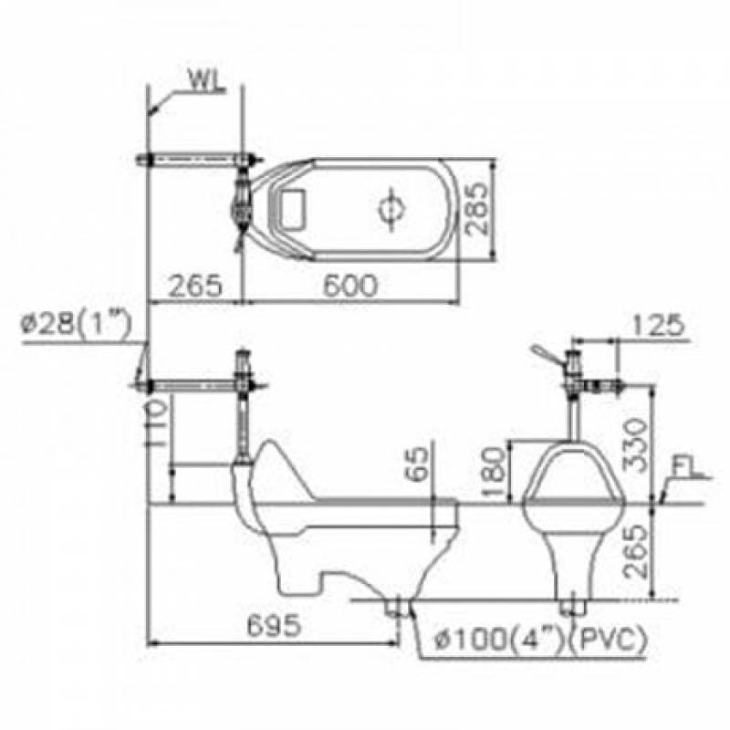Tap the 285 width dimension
476,208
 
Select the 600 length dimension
350,285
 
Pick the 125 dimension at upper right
658,325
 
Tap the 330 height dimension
635,445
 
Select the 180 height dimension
495,472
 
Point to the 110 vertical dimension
157,423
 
